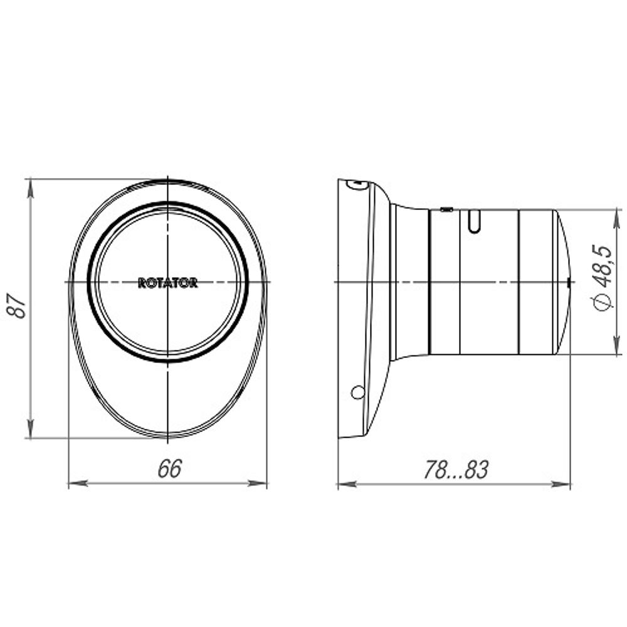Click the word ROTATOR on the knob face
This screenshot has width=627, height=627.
tap(167, 283)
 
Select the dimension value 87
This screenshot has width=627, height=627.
tap(20, 305)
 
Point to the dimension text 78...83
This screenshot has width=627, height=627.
tap(455, 470)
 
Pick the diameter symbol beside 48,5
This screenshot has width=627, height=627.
tap(602, 303)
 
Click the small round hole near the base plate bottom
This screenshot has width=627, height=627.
tap(357, 393)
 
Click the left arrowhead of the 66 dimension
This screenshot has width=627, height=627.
tap(76, 483)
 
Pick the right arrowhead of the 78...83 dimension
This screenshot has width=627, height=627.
tap(563, 484)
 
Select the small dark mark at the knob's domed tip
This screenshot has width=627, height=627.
tap(568, 283)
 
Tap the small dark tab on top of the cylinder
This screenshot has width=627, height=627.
tap(446, 209)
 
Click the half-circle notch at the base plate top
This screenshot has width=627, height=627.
tap(356, 184)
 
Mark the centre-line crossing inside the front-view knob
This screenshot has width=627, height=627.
tap(168, 282)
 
